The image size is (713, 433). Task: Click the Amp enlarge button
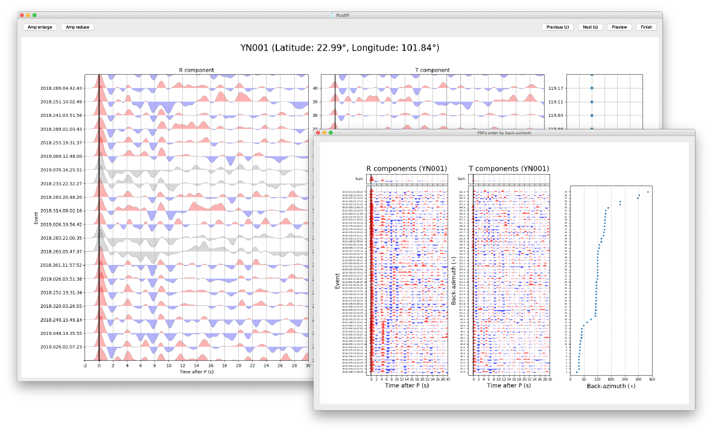click(x=40, y=27)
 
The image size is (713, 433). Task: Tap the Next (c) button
click(x=590, y=27)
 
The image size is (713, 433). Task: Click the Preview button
click(x=619, y=27)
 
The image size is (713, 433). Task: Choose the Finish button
click(x=646, y=27)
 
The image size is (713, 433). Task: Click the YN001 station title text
click(x=340, y=48)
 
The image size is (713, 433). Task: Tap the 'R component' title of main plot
click(x=196, y=70)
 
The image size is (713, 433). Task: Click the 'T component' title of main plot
click(x=433, y=70)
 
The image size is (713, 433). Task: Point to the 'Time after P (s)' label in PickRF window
click(x=196, y=372)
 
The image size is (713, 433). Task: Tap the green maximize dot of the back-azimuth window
click(x=331, y=132)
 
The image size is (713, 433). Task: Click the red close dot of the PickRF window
click(x=22, y=15)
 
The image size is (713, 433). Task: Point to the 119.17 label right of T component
click(x=556, y=89)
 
